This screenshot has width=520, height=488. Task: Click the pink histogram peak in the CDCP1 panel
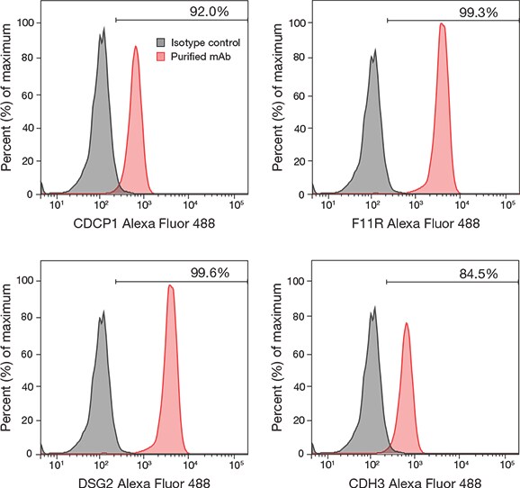pyautogui.click(x=136, y=49)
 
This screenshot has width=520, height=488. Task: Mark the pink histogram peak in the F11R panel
pyautogui.click(x=442, y=25)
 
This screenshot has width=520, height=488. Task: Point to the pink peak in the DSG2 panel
pyautogui.click(x=171, y=286)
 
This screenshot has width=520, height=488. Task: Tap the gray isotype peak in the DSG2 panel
pyautogui.click(x=103, y=315)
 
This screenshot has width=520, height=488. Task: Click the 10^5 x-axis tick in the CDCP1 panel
pyautogui.click(x=238, y=205)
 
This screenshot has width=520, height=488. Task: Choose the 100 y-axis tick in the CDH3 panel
pyautogui.click(x=295, y=281)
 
